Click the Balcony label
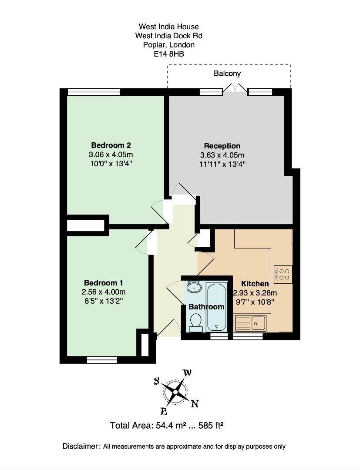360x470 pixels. click(227, 74)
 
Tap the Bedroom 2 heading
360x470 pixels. click(111, 145)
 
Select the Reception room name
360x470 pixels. click(222, 146)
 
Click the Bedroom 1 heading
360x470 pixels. click(104, 283)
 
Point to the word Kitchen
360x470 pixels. click(255, 284)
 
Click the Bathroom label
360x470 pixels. click(206, 307)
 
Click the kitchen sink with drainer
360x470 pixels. click(251, 323)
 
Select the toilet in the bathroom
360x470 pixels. click(196, 323)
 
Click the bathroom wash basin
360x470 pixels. click(194, 288)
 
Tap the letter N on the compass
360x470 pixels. click(195, 404)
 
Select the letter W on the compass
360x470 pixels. click(187, 373)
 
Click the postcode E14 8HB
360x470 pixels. click(169, 54)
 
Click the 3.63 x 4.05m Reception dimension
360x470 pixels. click(222, 155)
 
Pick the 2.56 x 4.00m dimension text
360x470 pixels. click(104, 292)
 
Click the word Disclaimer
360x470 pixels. click(81, 446)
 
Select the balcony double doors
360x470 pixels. click(236, 88)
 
